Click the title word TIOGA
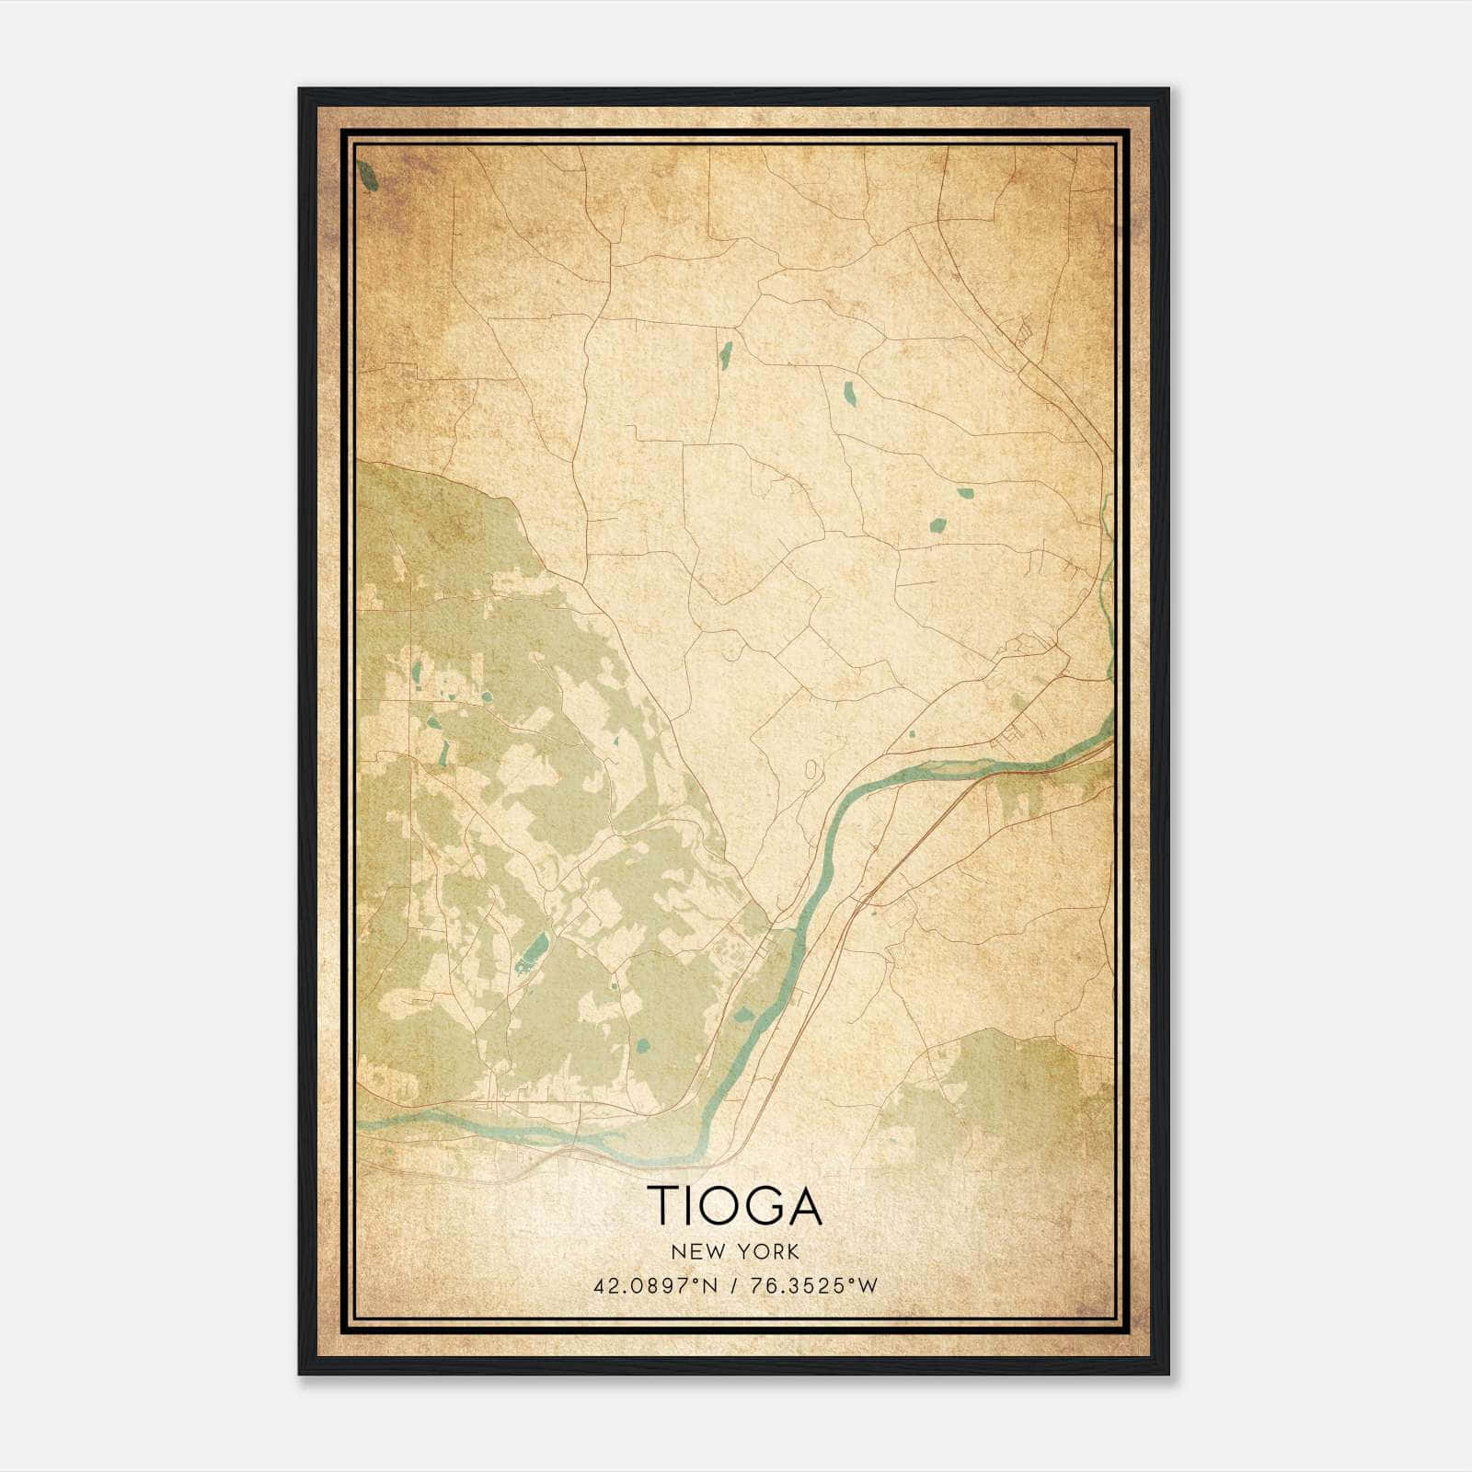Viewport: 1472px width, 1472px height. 734,1205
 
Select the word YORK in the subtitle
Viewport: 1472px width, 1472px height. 769,1252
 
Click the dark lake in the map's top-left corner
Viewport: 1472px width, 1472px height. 369,176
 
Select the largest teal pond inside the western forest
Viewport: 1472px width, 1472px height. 531,951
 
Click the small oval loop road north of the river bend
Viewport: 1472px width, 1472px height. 810,769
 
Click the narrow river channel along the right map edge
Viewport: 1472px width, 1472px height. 1108,589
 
